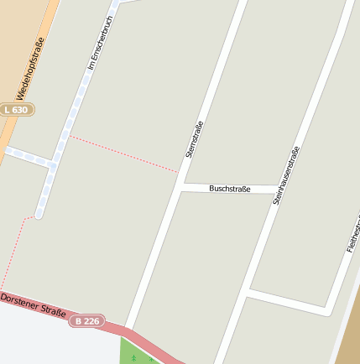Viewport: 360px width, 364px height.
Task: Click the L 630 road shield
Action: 17,110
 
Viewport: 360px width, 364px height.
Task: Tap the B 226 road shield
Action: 86,320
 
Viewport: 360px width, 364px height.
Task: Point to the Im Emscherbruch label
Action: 94,43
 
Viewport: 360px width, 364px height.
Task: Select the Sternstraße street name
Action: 194,140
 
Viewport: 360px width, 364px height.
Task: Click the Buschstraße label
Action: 229,189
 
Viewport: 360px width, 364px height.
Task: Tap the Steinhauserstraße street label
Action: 285,175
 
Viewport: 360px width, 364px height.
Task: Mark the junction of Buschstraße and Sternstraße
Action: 181,185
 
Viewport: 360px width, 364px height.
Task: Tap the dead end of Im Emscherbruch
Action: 39,215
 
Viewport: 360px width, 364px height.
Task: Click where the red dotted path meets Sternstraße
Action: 179,172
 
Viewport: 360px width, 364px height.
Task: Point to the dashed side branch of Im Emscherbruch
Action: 25,157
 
